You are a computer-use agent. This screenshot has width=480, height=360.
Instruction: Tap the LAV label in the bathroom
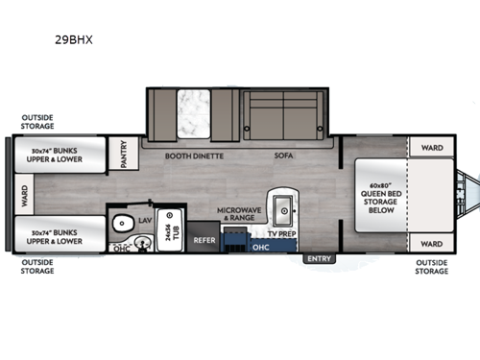(145, 221)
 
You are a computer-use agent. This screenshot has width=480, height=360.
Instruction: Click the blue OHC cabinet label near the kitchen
(260, 245)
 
